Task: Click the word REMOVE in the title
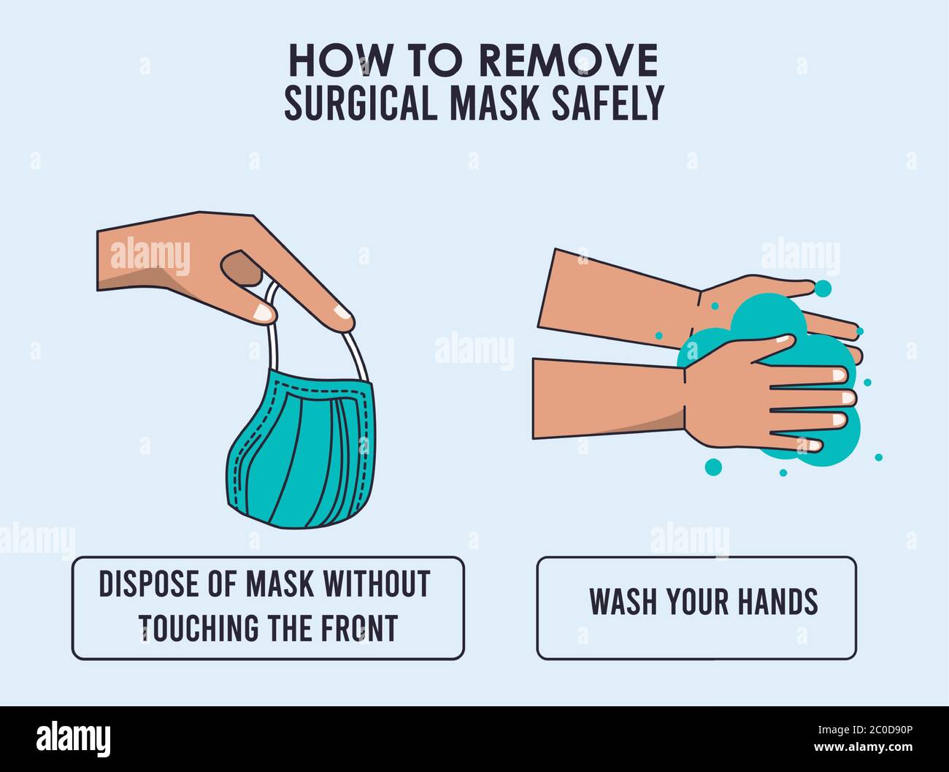point(567,61)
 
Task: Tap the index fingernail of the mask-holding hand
point(340,317)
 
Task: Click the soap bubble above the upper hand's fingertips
point(823,288)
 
